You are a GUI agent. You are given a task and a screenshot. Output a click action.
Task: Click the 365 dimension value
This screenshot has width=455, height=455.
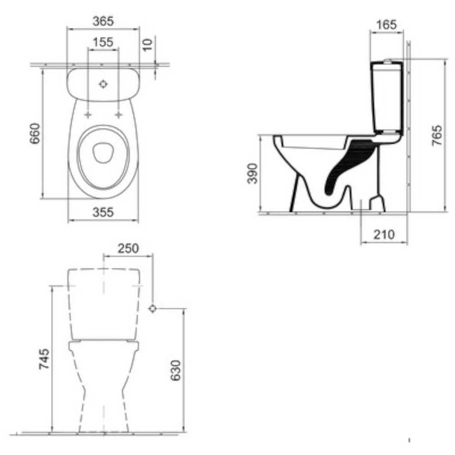(x=103, y=21)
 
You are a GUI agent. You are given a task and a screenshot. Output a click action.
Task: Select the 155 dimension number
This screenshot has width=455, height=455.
(x=103, y=42)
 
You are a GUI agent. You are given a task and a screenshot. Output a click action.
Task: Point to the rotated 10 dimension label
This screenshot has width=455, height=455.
(x=148, y=45)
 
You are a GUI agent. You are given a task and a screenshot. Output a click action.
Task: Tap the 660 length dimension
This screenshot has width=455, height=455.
(x=35, y=133)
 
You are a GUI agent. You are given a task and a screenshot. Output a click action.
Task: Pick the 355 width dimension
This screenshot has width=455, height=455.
(x=103, y=212)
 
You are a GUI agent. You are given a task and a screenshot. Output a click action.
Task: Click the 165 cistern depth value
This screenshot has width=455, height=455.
(x=386, y=25)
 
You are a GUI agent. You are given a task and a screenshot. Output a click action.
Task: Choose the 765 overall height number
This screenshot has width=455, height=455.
(x=437, y=136)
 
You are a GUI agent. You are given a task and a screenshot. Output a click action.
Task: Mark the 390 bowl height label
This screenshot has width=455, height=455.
(x=252, y=173)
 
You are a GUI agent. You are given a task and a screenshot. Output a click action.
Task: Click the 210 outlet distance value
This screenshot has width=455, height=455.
(x=384, y=234)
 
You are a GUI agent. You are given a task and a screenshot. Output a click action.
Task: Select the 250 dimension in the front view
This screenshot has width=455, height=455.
(x=128, y=248)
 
